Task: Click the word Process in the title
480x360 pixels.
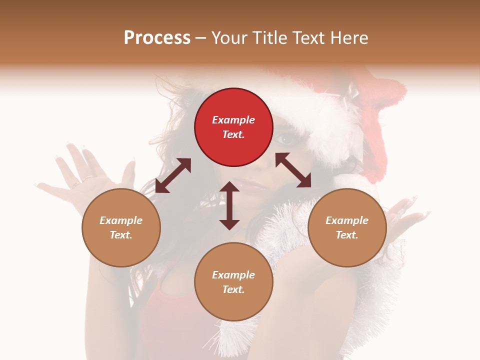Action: (157, 38)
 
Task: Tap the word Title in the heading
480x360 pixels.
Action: (272, 38)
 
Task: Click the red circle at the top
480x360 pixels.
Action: (233, 127)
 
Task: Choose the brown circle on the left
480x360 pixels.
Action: (121, 227)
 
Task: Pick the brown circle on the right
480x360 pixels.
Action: (347, 227)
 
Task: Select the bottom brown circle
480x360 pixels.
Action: (233, 281)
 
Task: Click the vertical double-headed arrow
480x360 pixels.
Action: (229, 205)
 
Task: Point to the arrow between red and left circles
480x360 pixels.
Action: (173, 175)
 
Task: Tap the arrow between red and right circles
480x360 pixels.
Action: (293, 170)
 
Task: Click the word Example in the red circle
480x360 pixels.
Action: (233, 120)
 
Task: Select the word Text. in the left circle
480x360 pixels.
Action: (121, 235)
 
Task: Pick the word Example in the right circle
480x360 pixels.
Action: (347, 220)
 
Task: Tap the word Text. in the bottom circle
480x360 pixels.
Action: (233, 289)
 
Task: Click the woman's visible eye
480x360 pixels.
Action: (285, 140)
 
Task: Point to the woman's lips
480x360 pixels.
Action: (250, 185)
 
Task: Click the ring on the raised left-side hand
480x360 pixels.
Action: (87, 177)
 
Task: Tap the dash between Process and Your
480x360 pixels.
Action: (200, 38)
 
